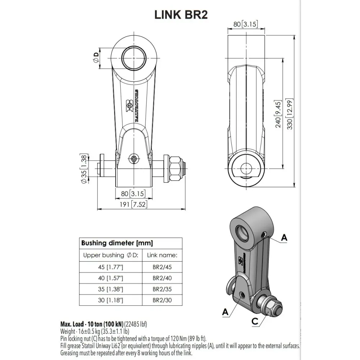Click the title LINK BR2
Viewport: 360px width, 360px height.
click(x=181, y=15)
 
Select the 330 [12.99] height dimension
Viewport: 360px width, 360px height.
click(x=290, y=114)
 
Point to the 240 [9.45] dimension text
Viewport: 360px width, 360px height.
click(x=278, y=114)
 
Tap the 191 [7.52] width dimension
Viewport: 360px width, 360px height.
click(x=134, y=204)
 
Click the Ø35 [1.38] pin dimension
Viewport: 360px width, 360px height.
click(x=84, y=168)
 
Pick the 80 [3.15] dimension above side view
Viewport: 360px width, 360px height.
click(x=246, y=24)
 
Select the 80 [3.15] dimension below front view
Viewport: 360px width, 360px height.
click(x=134, y=194)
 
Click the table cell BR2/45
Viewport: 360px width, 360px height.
click(x=162, y=267)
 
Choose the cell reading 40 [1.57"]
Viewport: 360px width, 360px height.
click(x=111, y=278)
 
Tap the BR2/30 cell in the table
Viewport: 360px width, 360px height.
click(x=162, y=300)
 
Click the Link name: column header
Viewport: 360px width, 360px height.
click(x=162, y=255)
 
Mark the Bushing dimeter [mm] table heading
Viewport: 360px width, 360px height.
click(x=117, y=243)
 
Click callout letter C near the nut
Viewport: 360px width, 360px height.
click(x=255, y=321)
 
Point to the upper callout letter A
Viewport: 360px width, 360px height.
click(x=284, y=238)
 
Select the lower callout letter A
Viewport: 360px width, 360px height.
click(x=225, y=312)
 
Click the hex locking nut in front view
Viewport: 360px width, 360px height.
click(x=175, y=169)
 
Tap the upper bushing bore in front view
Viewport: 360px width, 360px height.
click(x=134, y=57)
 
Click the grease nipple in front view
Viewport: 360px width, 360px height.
click(x=134, y=158)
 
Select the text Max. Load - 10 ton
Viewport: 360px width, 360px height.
click(x=92, y=324)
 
